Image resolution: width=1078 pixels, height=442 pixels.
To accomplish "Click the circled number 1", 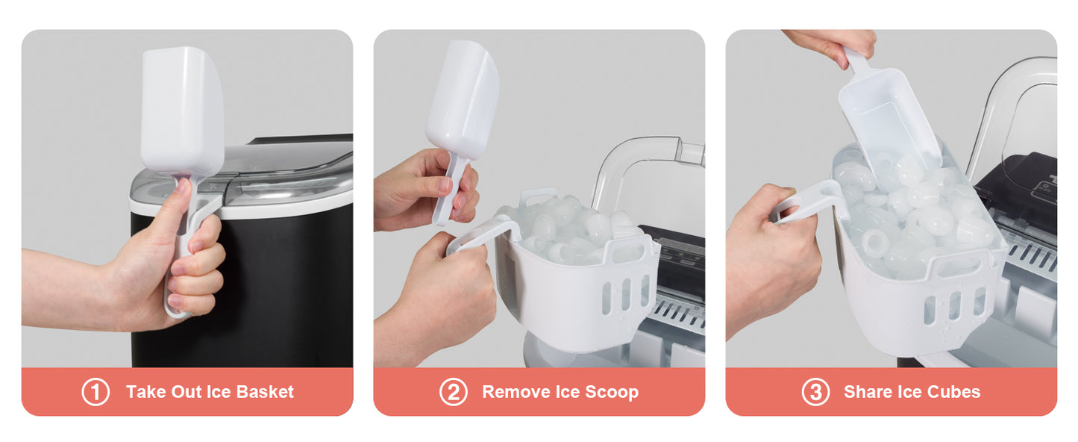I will [95, 392].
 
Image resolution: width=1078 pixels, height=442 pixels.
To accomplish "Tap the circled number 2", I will [453, 392].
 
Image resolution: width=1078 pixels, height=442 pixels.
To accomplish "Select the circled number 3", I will [815, 392].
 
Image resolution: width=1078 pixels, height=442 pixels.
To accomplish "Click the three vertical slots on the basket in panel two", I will [625, 295].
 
